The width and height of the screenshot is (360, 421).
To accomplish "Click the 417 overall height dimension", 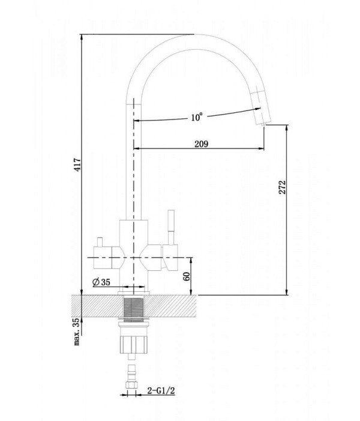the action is point(77,165).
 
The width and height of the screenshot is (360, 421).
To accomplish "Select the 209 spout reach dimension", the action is point(201,144).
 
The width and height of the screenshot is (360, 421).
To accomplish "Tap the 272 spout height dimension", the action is point(283,187).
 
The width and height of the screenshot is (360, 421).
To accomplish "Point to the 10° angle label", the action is point(197,117).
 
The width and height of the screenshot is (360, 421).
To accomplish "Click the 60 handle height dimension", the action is point(187,276).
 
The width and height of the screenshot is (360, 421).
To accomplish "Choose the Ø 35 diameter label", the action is point(101,282).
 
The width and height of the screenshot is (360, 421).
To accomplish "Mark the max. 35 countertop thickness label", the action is point(77,332).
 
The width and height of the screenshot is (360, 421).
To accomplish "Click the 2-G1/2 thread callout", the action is point(161,390).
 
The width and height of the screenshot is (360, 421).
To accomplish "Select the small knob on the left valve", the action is point(100,242).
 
